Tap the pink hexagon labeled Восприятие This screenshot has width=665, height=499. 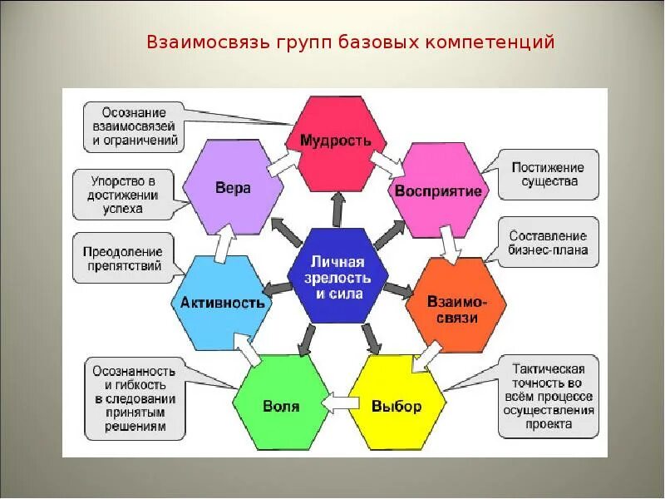point(438,190)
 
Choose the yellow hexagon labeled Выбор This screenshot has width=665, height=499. point(396,406)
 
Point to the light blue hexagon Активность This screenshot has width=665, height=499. point(222,301)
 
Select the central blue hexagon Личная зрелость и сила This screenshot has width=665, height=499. point(337,275)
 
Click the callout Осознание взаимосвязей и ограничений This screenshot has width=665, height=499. point(134,126)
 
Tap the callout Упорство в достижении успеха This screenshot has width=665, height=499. point(123,195)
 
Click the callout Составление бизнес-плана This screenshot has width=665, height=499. point(548,243)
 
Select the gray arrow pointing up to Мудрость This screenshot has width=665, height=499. point(337,210)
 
